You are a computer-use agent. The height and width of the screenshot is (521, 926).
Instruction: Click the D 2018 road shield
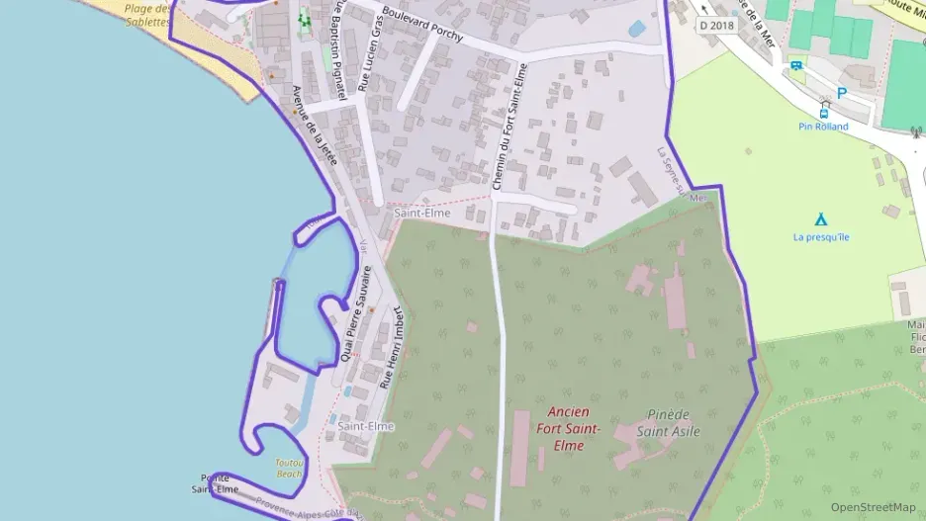716,26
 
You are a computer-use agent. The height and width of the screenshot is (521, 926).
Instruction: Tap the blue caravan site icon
796,66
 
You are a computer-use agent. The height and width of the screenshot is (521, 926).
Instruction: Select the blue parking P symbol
842,93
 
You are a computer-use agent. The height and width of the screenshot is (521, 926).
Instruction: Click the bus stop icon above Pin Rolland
824,108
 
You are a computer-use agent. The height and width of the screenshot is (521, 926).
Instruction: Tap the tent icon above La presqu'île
820,219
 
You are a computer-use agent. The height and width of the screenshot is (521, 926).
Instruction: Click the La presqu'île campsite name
821,237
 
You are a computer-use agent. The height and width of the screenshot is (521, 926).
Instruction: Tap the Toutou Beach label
289,468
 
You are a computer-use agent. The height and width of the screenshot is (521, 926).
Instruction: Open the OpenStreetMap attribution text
873,506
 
